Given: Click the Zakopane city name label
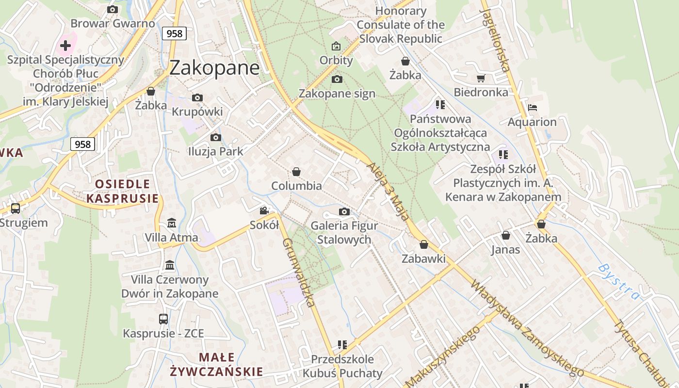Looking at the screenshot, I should tap(214, 67).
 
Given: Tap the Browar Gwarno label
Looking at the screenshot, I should tap(113, 23).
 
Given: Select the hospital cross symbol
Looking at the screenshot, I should tap(65, 46).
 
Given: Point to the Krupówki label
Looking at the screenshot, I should tap(197, 112).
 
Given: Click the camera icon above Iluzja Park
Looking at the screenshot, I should tap(216, 137).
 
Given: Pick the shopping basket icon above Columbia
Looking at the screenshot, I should tap(296, 172).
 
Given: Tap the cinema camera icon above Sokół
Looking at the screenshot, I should tap(264, 210).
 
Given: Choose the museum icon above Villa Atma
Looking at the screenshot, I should tap(172, 223).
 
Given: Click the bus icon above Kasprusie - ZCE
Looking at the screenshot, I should tap(163, 319).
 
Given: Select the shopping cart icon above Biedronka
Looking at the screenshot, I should tap(481, 78).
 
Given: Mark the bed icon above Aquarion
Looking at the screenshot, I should tap(532, 108).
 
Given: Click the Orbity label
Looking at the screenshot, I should tap(336, 61).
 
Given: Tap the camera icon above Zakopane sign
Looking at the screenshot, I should tap(337, 79).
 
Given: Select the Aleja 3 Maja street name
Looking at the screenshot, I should tap(388, 192).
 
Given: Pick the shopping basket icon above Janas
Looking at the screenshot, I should tap(506, 235).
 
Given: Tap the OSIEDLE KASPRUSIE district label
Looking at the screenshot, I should tap(122, 191).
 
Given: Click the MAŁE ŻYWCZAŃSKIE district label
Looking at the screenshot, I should tap(216, 365).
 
